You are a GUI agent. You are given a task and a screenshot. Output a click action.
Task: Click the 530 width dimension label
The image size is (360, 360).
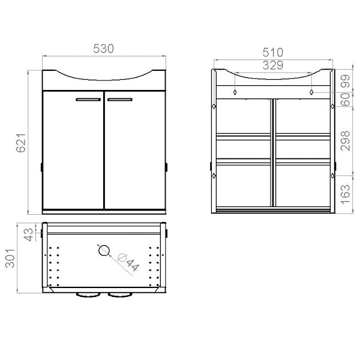click(103, 49)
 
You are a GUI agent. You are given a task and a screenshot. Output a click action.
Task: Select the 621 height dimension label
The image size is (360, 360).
click(21, 143)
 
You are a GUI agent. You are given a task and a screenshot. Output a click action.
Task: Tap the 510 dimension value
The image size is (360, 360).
click(273, 53)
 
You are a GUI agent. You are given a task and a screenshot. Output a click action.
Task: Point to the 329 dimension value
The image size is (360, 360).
click(273, 65)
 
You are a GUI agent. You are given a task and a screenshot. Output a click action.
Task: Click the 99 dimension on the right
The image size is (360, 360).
click(346, 81)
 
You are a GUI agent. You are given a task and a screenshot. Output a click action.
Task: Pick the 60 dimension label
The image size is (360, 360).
click(346, 100)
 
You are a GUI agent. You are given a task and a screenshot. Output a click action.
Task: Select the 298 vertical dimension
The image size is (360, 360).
click(346, 141)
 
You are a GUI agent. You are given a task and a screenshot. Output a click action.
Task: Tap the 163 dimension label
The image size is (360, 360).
click(346, 194)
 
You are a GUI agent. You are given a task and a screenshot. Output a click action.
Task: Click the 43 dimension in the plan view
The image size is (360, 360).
click(29, 235)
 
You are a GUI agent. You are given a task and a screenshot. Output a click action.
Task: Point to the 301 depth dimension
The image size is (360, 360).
click(10, 258)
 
